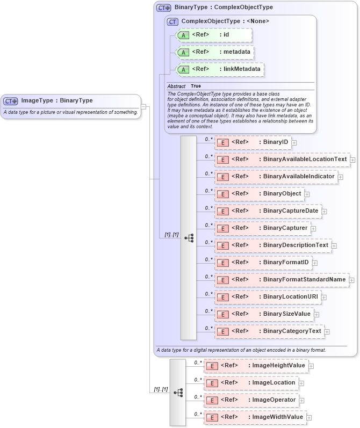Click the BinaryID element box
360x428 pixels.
pos(253,142)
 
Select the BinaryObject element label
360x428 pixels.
pos(283,194)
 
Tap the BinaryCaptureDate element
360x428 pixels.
pos(268,211)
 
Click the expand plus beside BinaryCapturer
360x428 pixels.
pos(313,229)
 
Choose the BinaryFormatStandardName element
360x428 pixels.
pos(282,280)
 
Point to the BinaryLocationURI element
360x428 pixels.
pos(268,297)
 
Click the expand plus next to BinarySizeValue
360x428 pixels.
pos(316,315)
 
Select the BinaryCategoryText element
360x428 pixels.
pos(269,331)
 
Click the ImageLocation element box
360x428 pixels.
pos(251,383)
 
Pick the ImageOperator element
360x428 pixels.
pos(251,400)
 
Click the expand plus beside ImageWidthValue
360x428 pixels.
pos(309,417)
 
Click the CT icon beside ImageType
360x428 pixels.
pos(11,100)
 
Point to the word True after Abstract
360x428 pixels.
pos(196,86)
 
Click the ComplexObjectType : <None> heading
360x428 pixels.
pos(225,21)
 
